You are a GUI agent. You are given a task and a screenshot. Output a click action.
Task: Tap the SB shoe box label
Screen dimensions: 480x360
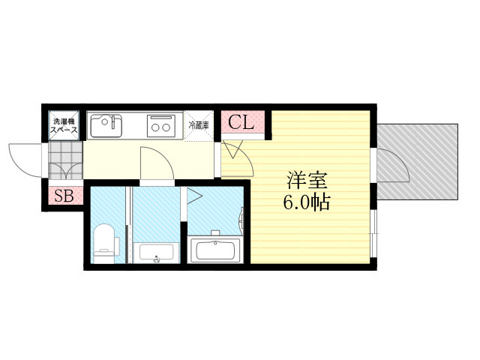(64, 196)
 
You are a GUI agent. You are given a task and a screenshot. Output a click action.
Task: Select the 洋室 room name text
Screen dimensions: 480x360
(307, 181)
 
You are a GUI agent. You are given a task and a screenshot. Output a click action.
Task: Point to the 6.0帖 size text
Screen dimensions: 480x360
(307, 202)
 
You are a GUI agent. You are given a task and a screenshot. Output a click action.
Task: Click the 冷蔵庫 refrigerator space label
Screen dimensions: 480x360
(199, 125)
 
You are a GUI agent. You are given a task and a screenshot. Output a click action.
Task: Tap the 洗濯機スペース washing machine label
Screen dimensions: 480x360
(64, 125)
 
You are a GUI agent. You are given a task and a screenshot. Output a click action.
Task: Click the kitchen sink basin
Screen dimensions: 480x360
(106, 126)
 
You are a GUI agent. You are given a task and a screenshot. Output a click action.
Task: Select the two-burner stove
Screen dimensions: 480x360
(161, 126)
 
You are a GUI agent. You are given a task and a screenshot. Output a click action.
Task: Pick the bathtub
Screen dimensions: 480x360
(215, 250)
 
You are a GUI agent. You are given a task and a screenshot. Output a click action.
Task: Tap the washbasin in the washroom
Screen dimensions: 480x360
(156, 252)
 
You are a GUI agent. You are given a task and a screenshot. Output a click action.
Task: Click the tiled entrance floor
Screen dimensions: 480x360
(65, 160)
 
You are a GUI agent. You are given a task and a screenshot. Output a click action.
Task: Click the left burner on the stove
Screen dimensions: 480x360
(155, 127)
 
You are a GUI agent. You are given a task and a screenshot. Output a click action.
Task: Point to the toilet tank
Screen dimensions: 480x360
(117, 246)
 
